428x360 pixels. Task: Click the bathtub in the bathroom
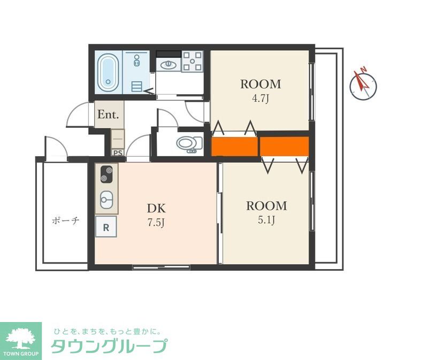click(108, 72)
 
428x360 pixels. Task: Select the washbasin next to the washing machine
click(168, 65)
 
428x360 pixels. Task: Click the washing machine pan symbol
click(193, 61)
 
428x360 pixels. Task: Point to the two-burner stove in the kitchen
click(106, 174)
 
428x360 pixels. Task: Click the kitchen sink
click(106, 200)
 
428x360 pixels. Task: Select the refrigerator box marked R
click(106, 226)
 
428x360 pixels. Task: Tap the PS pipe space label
click(118, 153)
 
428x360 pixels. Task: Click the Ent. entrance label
click(108, 114)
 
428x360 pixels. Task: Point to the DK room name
click(156, 209)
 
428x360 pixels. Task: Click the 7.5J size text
click(156, 223)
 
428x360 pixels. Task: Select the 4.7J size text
click(261, 98)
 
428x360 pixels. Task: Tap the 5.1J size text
click(266, 220)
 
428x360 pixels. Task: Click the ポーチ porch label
click(65, 220)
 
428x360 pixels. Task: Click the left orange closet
click(235, 147)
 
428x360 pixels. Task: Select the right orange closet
click(284, 147)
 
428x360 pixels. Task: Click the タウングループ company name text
click(109, 346)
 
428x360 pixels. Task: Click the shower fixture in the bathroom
click(137, 60)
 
